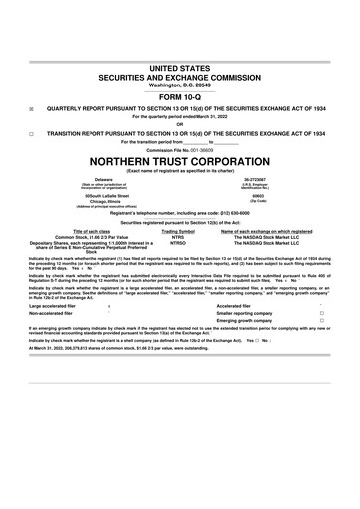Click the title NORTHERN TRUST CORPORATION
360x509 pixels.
(179, 160)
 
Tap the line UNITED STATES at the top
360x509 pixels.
(179, 66)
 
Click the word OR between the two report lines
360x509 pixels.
(179, 123)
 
